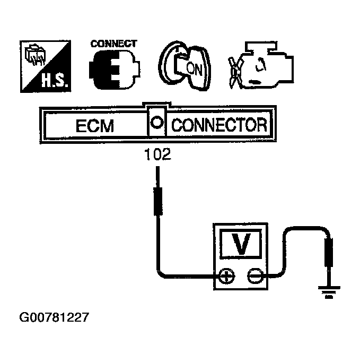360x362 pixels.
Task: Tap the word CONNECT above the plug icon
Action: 113,44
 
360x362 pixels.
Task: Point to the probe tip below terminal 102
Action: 157,200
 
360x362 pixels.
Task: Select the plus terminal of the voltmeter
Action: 227,275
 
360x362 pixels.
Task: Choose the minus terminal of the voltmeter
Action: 254,275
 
